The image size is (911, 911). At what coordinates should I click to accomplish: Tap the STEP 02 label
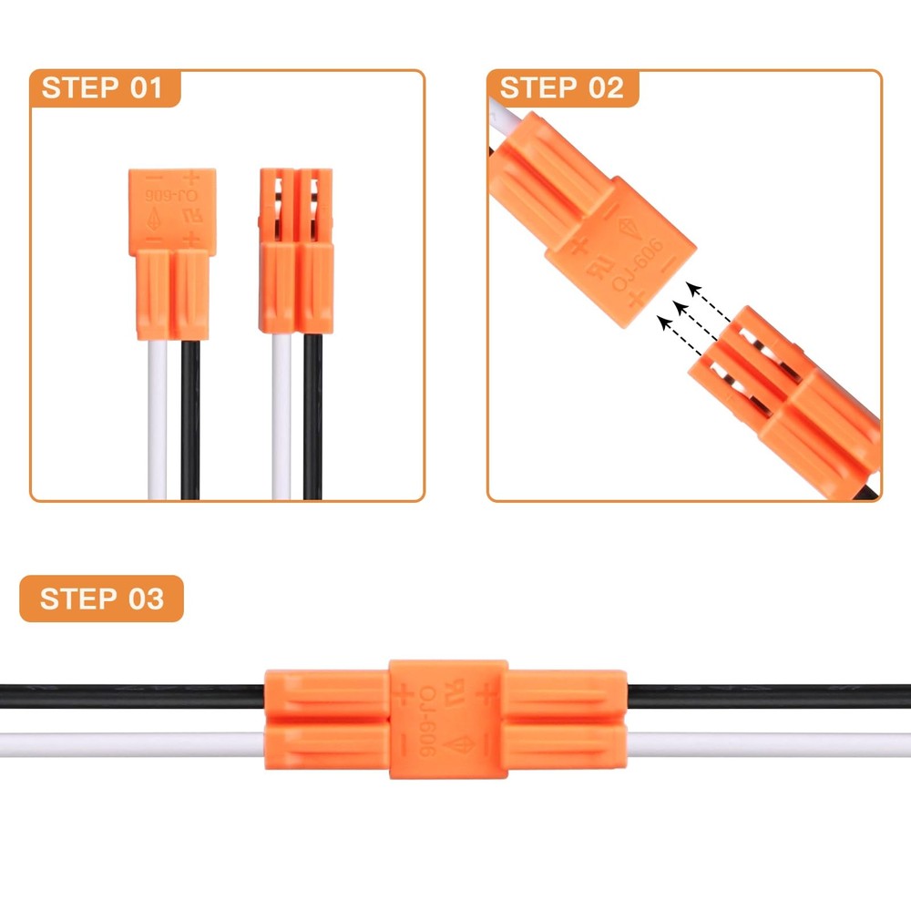click(x=561, y=88)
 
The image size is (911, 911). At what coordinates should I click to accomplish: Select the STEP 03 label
click(x=102, y=599)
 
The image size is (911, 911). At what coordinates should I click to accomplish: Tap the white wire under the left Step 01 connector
click(x=157, y=419)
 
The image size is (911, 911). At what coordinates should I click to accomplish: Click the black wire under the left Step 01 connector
click(x=189, y=419)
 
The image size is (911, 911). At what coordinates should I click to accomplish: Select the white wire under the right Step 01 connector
click(x=281, y=419)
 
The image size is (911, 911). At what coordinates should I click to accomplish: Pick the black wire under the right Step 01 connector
click(x=312, y=419)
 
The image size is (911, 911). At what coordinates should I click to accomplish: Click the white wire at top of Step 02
click(x=504, y=113)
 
